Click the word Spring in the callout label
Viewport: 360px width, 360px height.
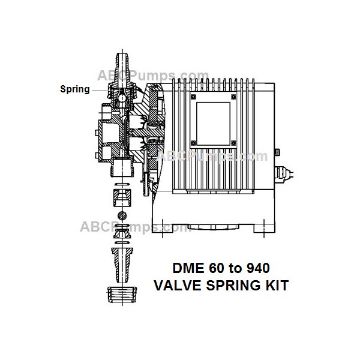(74, 89)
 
